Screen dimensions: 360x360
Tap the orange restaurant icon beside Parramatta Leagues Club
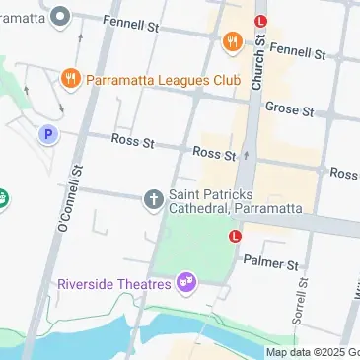point(70,77)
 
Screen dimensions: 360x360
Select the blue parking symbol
point(46,134)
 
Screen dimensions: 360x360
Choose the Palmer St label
point(270,264)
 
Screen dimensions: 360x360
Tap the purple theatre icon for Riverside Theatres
point(184,284)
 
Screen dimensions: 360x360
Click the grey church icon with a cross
point(153,200)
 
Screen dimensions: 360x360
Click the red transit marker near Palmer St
point(235,236)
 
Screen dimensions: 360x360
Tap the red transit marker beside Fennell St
point(260,21)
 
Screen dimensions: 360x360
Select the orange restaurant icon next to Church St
point(232,41)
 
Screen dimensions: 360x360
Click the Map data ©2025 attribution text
point(312,352)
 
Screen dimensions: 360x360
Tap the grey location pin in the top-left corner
point(61,16)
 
